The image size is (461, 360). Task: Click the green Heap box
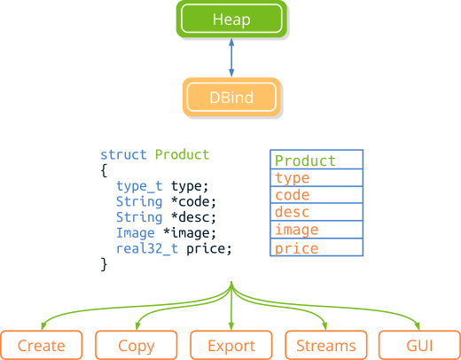pyautogui.click(x=231, y=18)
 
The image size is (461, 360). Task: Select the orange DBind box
pyautogui.click(x=231, y=98)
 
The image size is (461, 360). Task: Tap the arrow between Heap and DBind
pyautogui.click(x=231, y=58)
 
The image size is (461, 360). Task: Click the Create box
pyautogui.click(x=42, y=345)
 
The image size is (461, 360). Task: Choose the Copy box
pyautogui.click(x=137, y=345)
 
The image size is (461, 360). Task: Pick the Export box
pyautogui.click(x=231, y=345)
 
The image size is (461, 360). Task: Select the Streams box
pyautogui.click(x=326, y=345)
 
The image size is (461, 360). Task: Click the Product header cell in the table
pyautogui.click(x=316, y=160)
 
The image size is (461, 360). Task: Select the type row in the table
pyautogui.click(x=316, y=178)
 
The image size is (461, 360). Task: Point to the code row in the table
pyautogui.click(x=316, y=196)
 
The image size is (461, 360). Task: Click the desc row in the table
pyautogui.click(x=316, y=213)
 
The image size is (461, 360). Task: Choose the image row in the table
pyautogui.click(x=316, y=231)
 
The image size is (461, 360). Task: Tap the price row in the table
pyautogui.click(x=316, y=248)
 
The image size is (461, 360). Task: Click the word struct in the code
pyautogui.click(x=124, y=154)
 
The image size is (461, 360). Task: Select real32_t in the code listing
pyautogui.click(x=147, y=248)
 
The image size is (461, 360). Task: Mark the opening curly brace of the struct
pyautogui.click(x=104, y=169)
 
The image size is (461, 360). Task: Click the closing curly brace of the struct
pyautogui.click(x=104, y=264)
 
